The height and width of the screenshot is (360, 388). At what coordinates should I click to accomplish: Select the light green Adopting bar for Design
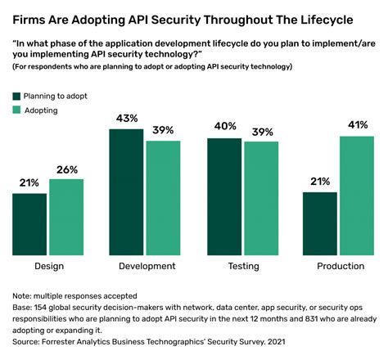(65, 216)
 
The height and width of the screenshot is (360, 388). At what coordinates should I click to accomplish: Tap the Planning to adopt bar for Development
(126, 191)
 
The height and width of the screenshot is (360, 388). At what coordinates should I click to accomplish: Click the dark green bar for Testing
(223, 196)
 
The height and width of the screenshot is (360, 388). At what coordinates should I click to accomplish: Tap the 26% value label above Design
(66, 169)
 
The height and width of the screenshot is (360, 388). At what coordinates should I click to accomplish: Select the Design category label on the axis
(48, 266)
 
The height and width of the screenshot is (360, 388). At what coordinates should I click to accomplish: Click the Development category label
(145, 266)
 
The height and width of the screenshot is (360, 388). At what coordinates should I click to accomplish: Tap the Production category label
(339, 266)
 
